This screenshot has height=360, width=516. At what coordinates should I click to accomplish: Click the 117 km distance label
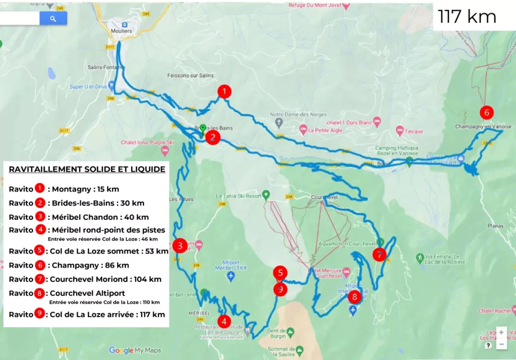(x=467, y=17)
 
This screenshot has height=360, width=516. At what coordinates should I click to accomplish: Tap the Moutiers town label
(x=121, y=31)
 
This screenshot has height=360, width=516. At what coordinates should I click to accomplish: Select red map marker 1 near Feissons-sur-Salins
(x=224, y=91)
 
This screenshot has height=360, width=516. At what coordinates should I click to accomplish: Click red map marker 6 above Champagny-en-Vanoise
(x=486, y=112)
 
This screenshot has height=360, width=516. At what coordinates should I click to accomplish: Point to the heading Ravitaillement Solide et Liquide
(x=87, y=169)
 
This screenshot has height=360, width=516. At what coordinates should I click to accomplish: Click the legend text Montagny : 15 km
(x=84, y=189)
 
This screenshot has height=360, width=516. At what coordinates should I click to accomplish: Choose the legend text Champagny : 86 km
(x=89, y=265)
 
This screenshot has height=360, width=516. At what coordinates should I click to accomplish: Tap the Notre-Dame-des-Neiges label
(x=298, y=114)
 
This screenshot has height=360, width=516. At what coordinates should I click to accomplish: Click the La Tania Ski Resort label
(x=239, y=196)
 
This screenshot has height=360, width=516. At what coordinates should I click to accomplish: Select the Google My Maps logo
(x=135, y=350)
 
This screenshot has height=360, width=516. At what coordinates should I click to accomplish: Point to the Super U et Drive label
(x=88, y=87)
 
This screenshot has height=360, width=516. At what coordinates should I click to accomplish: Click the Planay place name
(x=495, y=226)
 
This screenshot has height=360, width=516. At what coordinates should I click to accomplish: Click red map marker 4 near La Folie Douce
(x=224, y=321)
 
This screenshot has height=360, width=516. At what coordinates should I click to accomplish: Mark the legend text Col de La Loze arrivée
(x=106, y=315)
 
